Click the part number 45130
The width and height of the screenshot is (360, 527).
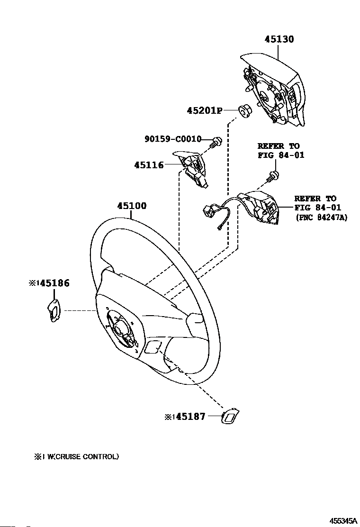(x=279, y=39)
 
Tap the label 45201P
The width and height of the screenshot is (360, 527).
(x=205, y=110)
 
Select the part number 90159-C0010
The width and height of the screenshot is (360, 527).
(x=173, y=139)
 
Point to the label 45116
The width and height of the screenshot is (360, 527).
(x=149, y=165)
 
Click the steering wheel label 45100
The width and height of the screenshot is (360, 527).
(x=132, y=206)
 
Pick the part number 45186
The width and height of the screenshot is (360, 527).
(x=55, y=283)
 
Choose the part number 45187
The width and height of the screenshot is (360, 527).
(x=190, y=417)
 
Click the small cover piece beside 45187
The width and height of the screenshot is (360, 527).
(x=230, y=417)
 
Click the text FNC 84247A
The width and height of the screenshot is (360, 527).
(x=322, y=218)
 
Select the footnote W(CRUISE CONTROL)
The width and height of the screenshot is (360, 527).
(x=82, y=456)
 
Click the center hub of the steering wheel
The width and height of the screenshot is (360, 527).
(x=120, y=329)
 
